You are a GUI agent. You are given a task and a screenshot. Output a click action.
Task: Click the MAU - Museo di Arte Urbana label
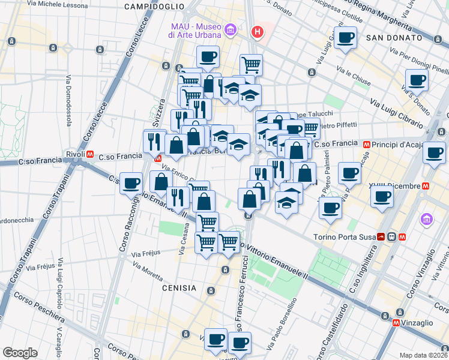click(x=193, y=30)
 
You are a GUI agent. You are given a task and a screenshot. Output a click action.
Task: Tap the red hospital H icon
click(x=258, y=31)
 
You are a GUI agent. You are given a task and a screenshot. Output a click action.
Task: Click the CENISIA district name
click(x=179, y=288)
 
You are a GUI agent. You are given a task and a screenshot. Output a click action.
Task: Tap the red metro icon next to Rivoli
click(x=90, y=154)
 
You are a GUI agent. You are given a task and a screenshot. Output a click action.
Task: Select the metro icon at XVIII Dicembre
click(x=426, y=185)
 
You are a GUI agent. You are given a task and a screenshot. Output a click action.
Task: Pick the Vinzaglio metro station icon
click(x=396, y=323)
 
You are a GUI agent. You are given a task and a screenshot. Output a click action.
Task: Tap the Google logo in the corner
click(x=20, y=353)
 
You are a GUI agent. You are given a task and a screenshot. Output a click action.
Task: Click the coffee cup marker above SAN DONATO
click(x=345, y=38)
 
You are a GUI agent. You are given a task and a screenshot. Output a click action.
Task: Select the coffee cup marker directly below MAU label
click(x=208, y=58)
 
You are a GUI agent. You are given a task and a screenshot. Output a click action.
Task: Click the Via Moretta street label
click(x=148, y=272)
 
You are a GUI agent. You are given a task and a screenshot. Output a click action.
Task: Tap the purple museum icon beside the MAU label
click(x=229, y=30)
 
